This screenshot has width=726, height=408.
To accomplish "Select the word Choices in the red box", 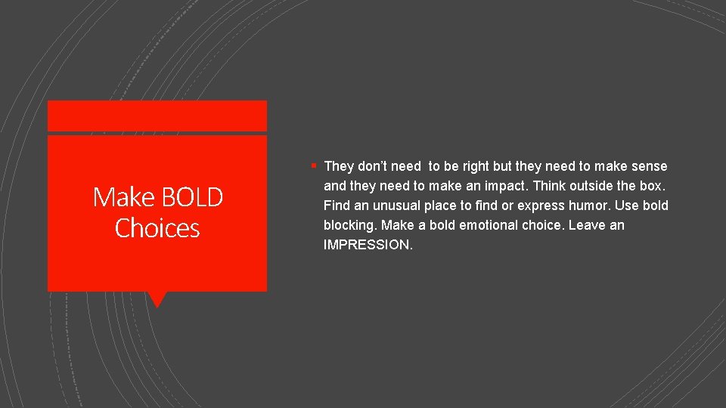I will (x=157, y=228).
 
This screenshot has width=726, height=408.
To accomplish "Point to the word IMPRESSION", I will (x=367, y=245).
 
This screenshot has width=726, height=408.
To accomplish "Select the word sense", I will (x=650, y=166).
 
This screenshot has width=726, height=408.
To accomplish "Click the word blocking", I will (x=350, y=225).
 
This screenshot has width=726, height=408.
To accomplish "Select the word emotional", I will (x=494, y=225).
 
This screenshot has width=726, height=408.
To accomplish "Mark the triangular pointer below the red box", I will (x=157, y=299).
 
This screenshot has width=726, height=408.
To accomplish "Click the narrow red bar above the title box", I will (x=157, y=116).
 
